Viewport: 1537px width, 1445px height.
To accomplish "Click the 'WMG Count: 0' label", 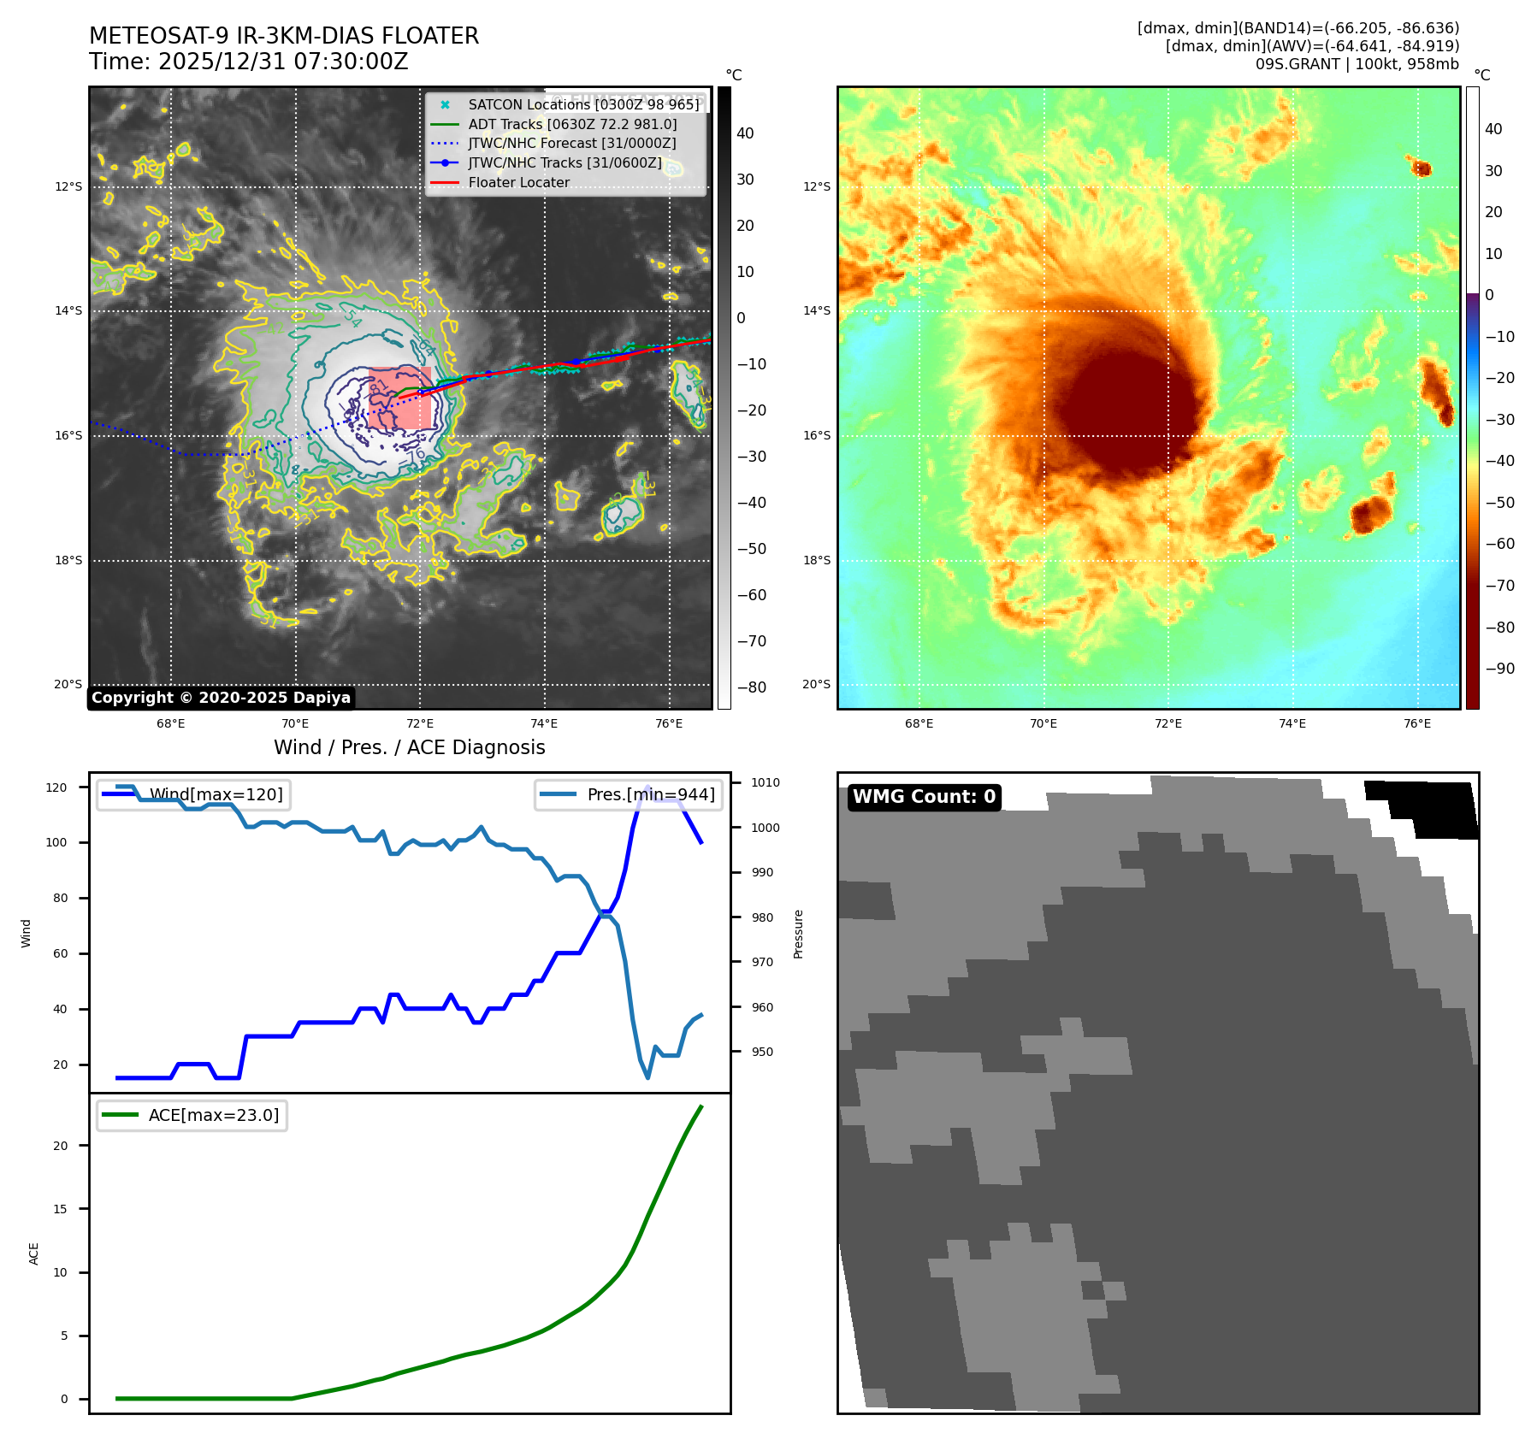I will [x=924, y=797].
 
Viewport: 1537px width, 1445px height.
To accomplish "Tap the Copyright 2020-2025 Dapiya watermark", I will [x=221, y=698].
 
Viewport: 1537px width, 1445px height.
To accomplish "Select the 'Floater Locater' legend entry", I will [x=518, y=182].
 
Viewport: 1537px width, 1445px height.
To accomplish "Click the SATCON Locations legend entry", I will [x=583, y=104].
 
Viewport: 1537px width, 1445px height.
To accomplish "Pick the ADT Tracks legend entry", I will [x=572, y=124].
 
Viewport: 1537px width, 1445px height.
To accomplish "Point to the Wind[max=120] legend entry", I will [x=216, y=794].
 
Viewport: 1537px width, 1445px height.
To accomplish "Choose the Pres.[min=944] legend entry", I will [x=651, y=794].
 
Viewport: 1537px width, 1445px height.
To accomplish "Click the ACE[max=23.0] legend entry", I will [x=214, y=1115].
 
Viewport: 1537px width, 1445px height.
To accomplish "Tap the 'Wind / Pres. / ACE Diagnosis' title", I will [x=409, y=747].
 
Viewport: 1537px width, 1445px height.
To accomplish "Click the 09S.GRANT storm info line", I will [x=1357, y=64].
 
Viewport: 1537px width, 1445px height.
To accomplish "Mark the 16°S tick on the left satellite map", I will [x=68, y=435].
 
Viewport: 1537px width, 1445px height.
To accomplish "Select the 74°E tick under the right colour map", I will [x=1292, y=723].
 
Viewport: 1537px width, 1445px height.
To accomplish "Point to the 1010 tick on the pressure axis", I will [x=766, y=782].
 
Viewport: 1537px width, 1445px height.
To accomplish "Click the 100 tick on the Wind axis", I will [x=56, y=842].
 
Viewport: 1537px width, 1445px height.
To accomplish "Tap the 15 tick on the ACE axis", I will [x=60, y=1209].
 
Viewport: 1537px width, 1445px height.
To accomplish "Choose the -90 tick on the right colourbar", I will [x=1499, y=669].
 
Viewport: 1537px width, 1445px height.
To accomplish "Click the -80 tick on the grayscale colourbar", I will [x=752, y=687].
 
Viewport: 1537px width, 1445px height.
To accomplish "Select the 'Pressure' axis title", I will [x=798, y=934].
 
